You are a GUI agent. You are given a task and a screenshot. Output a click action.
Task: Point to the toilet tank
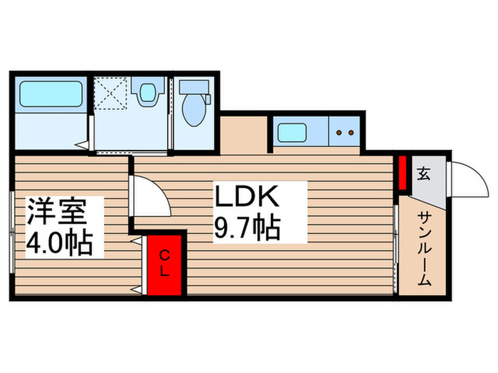(193, 87)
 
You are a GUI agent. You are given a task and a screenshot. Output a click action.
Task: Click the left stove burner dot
(339, 132)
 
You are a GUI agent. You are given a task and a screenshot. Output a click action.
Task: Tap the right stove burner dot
(351, 132)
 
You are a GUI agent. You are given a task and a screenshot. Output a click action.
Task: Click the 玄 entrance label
(423, 173)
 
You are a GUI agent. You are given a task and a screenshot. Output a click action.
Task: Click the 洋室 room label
(57, 211)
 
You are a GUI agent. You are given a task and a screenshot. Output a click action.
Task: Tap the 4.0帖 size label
(59, 244)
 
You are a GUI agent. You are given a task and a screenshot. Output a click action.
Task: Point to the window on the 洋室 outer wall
(11, 231)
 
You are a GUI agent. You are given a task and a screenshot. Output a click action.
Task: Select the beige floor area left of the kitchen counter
(243, 135)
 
